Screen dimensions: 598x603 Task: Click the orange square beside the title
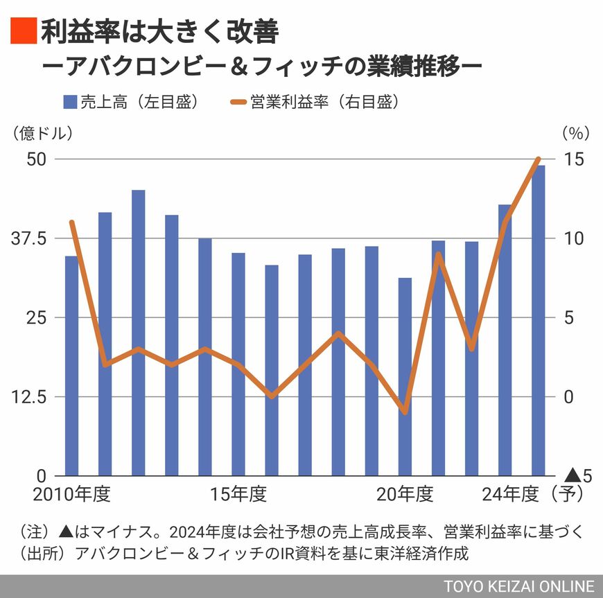22,30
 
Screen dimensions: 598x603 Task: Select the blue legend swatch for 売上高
69,102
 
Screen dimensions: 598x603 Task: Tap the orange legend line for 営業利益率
238,102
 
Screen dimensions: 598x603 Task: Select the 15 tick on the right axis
573,159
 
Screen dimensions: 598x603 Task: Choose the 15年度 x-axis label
238,495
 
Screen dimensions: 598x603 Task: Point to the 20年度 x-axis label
405,495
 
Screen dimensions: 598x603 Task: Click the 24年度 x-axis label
510,495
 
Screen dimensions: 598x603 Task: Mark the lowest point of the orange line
405,412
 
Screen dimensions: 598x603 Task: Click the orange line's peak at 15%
538,159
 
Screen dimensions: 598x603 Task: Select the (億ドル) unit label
42,131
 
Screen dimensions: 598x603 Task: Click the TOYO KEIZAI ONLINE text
519,585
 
